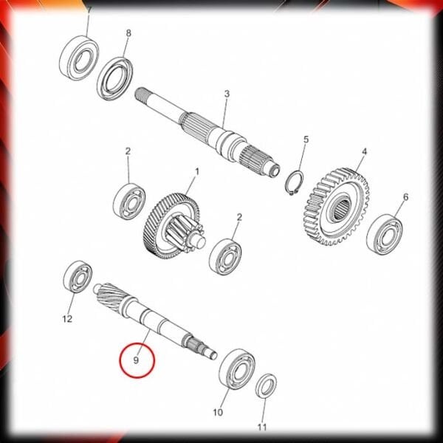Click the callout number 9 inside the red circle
tap(136, 360)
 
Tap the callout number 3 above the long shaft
tap(227, 94)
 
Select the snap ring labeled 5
tap(295, 183)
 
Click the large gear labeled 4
tap(337, 207)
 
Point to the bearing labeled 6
tap(385, 234)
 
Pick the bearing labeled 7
tap(79, 58)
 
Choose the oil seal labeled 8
tap(115, 78)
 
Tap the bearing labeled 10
tap(237, 369)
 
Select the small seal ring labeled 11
tap(266, 385)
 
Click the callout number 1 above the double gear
tap(197, 172)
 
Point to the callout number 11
tap(262, 427)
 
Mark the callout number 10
tap(218, 413)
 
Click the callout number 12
tap(67, 319)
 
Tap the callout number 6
tap(405, 197)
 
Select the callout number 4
tap(365, 151)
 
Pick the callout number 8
tap(128, 33)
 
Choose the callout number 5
tap(306, 140)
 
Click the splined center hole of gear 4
tap(343, 208)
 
